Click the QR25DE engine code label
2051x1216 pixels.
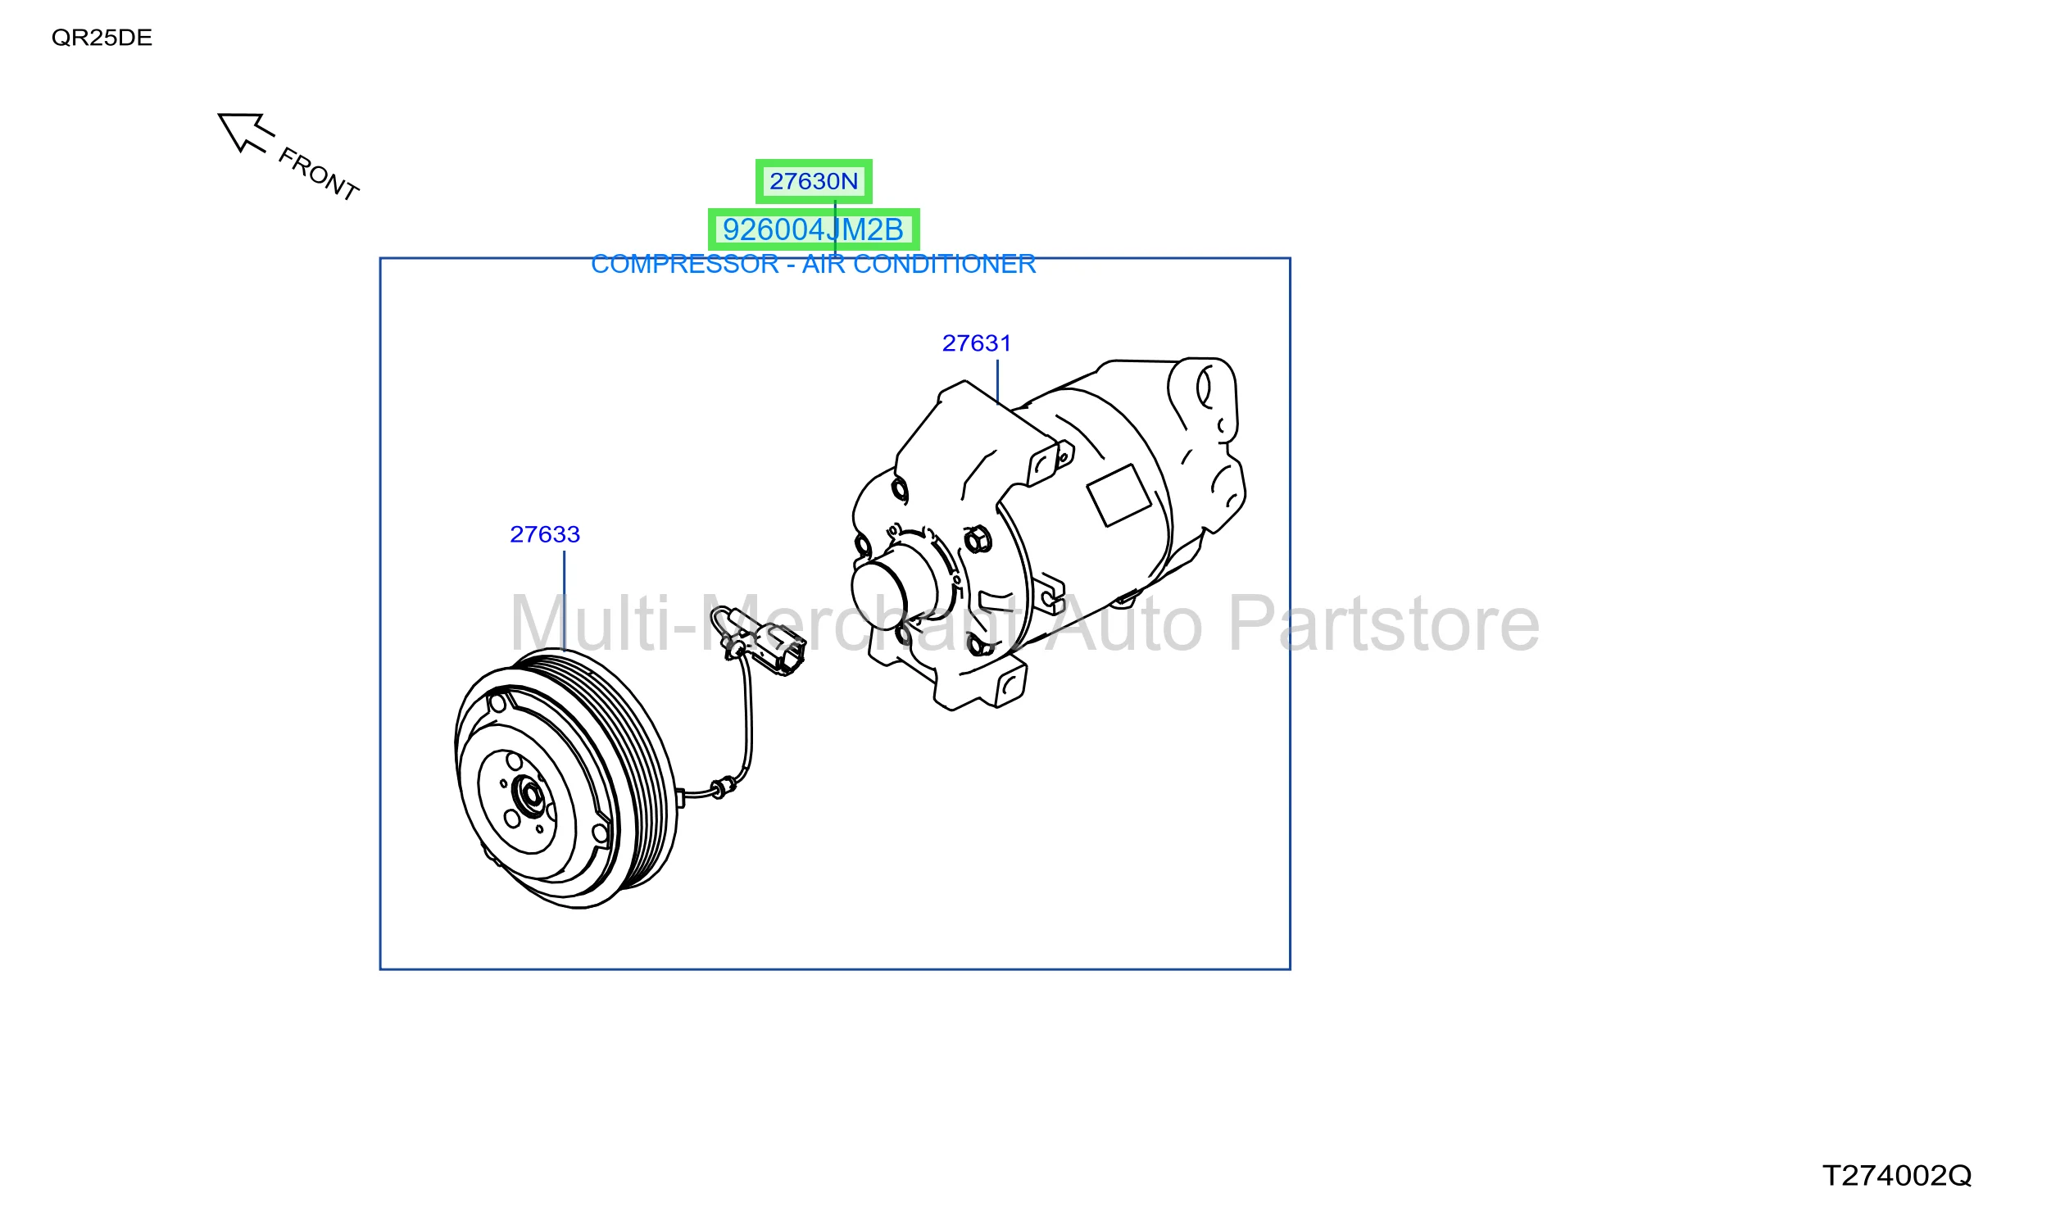(x=102, y=38)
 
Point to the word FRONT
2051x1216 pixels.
(x=319, y=174)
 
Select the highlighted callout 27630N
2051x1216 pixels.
(x=814, y=181)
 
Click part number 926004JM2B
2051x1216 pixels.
(x=814, y=229)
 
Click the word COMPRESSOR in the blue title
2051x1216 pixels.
(x=685, y=264)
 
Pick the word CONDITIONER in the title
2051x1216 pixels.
(x=945, y=264)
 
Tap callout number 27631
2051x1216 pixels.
(x=977, y=343)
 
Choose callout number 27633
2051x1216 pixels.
(x=545, y=534)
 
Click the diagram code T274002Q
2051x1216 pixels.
(x=1897, y=1176)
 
